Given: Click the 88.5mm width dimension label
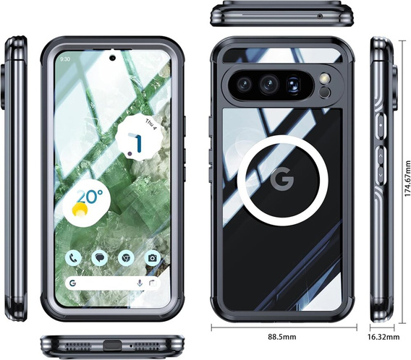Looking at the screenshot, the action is [281, 336].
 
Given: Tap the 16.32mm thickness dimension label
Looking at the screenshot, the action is [384, 337].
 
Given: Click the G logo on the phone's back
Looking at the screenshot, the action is [282, 179].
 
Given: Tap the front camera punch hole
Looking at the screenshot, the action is [112, 58].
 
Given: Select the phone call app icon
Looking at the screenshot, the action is [73, 258].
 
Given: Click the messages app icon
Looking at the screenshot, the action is [100, 258].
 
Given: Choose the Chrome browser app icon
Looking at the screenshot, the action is [126, 258].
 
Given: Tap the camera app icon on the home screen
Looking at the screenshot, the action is [152, 258].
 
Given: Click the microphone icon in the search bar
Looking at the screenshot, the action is [140, 283].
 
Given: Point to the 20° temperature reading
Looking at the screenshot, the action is [90, 197].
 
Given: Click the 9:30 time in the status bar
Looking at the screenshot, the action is [65, 59].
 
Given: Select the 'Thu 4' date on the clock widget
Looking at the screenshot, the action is [151, 124].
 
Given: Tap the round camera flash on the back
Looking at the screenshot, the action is [325, 78].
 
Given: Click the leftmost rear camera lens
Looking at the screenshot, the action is [244, 85].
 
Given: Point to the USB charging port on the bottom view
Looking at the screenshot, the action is [112, 346].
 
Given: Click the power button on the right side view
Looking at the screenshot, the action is [381, 126].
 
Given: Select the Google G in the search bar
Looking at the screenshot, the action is [72, 283].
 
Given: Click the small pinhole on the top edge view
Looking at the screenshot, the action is [320, 16].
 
